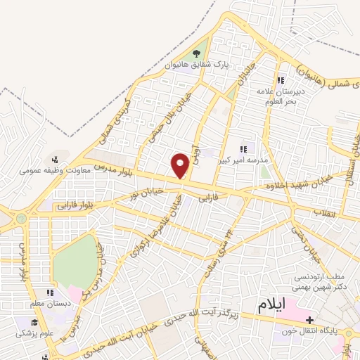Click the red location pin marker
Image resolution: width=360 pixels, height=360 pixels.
click(x=181, y=166)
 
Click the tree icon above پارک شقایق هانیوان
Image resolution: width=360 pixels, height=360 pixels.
click(x=195, y=55)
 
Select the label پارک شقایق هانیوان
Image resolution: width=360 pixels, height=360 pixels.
click(x=197, y=65)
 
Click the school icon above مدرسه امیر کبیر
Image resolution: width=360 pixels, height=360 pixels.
click(x=243, y=149)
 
